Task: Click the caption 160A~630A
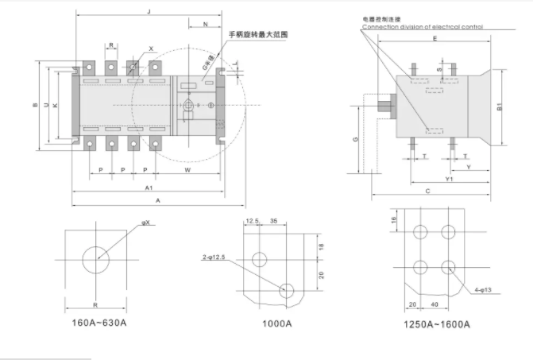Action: [99, 323]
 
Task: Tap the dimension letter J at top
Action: [149, 11]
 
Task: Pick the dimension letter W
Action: [187, 170]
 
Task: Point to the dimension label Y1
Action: [449, 180]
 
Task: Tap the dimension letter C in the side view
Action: [427, 192]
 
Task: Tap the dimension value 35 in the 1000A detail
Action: [273, 220]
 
